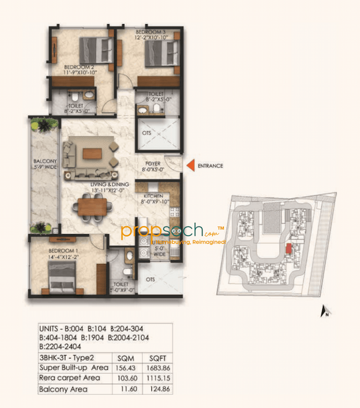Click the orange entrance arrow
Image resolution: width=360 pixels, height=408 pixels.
point(190,165)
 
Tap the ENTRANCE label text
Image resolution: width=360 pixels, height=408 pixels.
point(210,166)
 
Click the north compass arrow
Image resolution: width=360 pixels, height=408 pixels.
point(324,310)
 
